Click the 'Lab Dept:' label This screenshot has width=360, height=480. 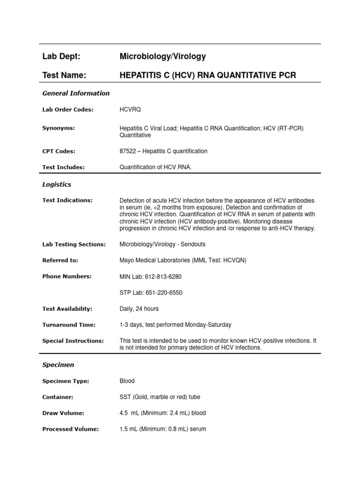pyautogui.click(x=61, y=57)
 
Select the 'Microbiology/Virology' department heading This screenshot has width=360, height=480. pyautogui.click(x=163, y=57)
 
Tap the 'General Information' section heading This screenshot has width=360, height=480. pyautogui.click(x=76, y=93)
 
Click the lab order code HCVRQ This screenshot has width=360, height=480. pyautogui.click(x=130, y=110)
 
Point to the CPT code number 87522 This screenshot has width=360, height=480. pyautogui.click(x=129, y=151)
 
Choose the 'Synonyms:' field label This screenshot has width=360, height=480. pyautogui.click(x=59, y=128)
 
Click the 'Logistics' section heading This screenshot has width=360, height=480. pyautogui.click(x=57, y=185)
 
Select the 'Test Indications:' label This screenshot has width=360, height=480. pyautogui.click(x=67, y=200)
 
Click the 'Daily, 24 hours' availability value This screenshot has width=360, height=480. pyautogui.click(x=139, y=309)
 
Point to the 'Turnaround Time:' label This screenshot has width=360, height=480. pyautogui.click(x=69, y=325)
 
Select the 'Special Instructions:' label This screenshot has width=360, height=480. pyautogui.click(x=73, y=341)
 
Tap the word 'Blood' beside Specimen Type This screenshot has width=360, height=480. pyautogui.click(x=127, y=381)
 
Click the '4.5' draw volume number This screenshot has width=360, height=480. pyautogui.click(x=124, y=413)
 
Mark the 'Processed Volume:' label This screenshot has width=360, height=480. pyautogui.click(x=70, y=429)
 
